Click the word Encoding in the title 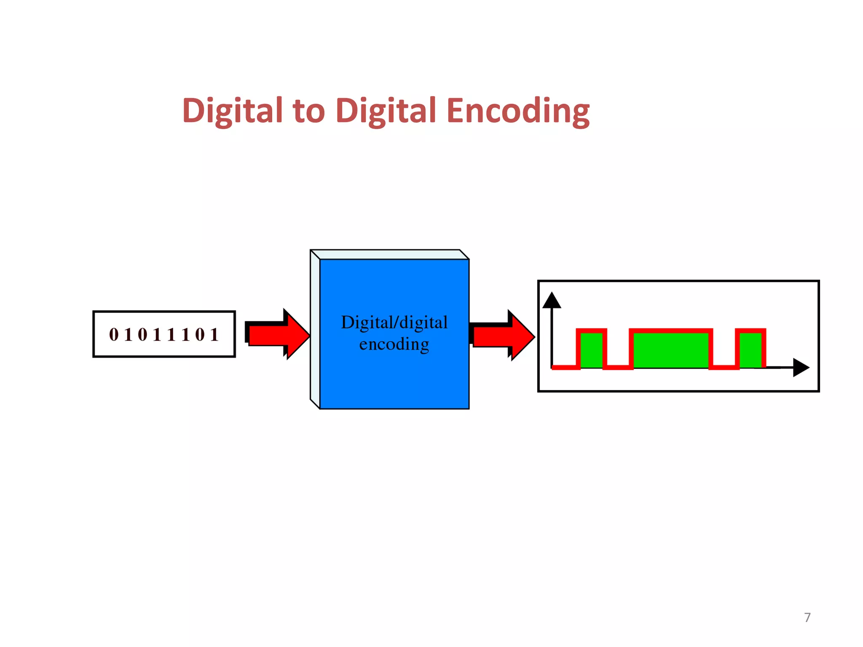(x=518, y=111)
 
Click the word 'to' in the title (x=309, y=111)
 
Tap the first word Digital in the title (x=232, y=111)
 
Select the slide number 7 (x=807, y=618)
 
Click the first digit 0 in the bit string (x=114, y=335)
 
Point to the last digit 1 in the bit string (x=214, y=335)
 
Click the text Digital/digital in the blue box (x=394, y=323)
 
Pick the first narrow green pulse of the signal (x=591, y=350)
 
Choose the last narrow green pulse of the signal (x=750, y=350)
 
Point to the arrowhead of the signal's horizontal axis (x=801, y=367)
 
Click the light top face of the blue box (x=390, y=254)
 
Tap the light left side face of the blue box (x=315, y=329)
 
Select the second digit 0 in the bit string (x=142, y=335)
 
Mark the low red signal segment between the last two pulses (x=724, y=368)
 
